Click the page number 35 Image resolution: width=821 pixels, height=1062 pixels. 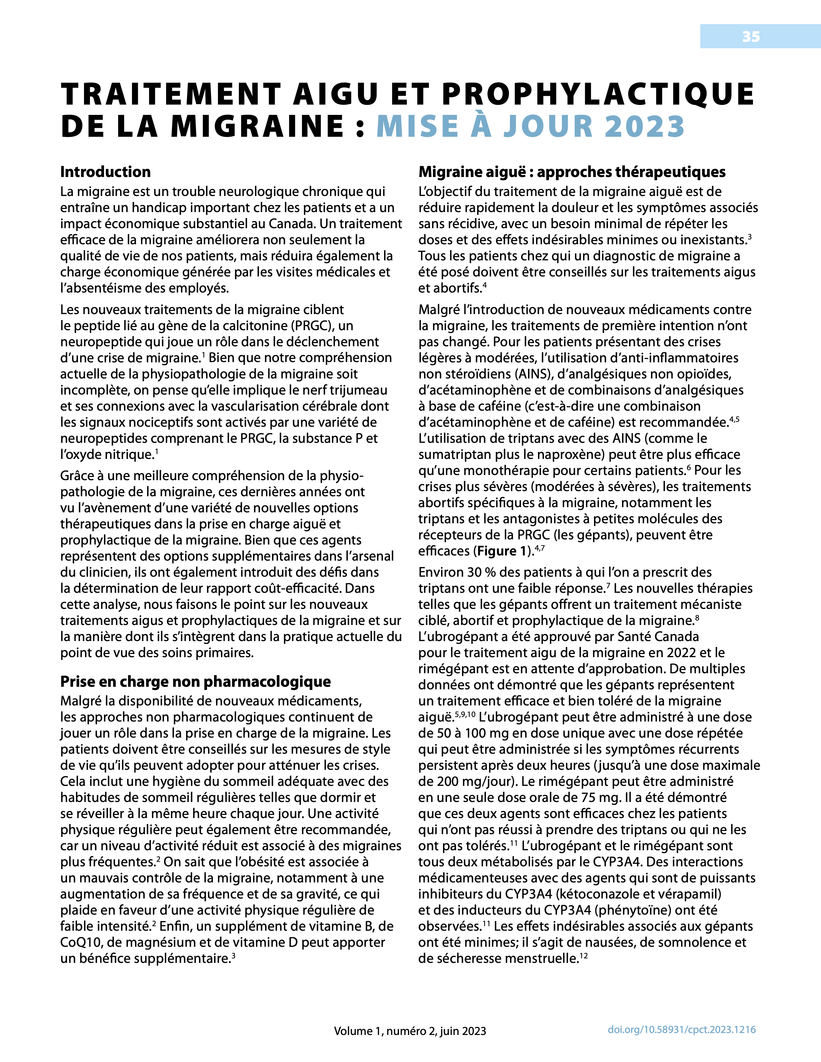coord(750,36)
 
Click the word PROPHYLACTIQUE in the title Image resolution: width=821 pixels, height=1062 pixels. coord(598,94)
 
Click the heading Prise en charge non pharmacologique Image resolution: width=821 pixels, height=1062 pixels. coord(195,681)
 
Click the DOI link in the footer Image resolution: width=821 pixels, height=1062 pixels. coord(681,1029)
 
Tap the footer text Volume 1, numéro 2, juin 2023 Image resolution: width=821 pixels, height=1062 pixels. coord(410,1031)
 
